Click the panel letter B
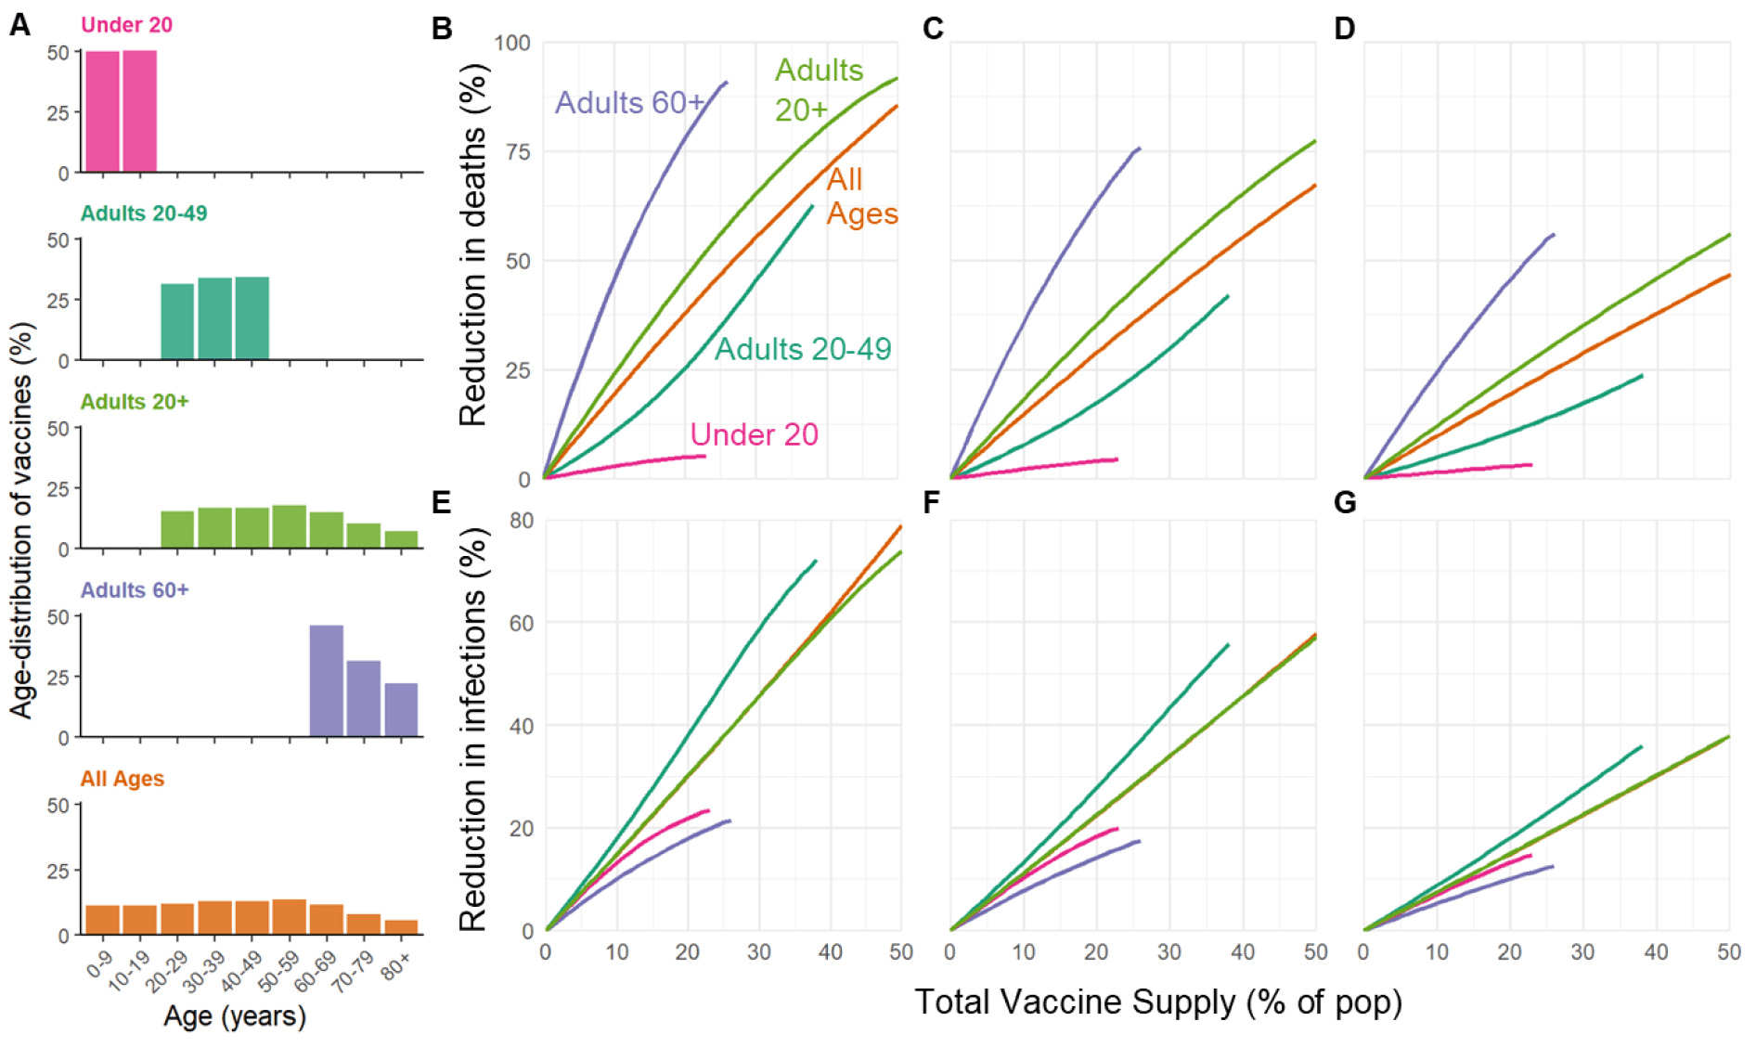(442, 29)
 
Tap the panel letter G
(1345, 502)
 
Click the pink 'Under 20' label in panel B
(754, 434)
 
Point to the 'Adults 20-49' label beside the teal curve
(802, 349)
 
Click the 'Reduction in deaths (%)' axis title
(472, 244)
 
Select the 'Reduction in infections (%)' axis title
(472, 729)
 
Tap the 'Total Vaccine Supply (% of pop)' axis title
(1157, 1002)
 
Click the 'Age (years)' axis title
(235, 1015)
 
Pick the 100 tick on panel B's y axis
(512, 43)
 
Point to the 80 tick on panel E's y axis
(522, 521)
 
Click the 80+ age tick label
(396, 967)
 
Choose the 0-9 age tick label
(99, 964)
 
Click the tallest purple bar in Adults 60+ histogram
(327, 680)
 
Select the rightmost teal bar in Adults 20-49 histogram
(252, 318)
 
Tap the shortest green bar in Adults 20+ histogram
(401, 539)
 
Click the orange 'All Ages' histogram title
(123, 779)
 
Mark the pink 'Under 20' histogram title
(126, 25)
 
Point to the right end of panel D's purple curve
(1553, 235)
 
